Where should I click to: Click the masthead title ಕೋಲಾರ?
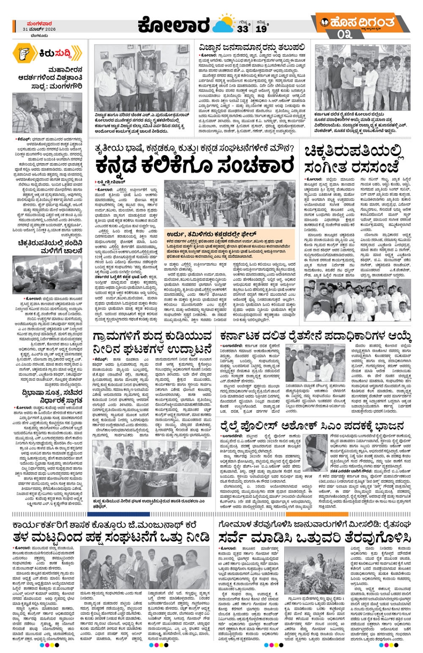[x=173, y=25]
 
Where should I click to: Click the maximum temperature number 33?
[x=243, y=29]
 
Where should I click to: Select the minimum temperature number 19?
[x=261, y=29]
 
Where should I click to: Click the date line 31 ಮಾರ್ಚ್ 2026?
[x=39, y=29]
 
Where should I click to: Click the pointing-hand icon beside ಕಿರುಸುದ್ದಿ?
[x=23, y=53]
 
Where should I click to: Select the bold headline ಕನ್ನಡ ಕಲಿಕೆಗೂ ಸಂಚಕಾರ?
[x=195, y=166]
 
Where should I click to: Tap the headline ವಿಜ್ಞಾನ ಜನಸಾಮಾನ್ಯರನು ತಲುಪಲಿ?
[x=252, y=47]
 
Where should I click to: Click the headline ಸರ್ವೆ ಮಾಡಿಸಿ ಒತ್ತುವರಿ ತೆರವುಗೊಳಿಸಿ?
[x=315, y=537]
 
